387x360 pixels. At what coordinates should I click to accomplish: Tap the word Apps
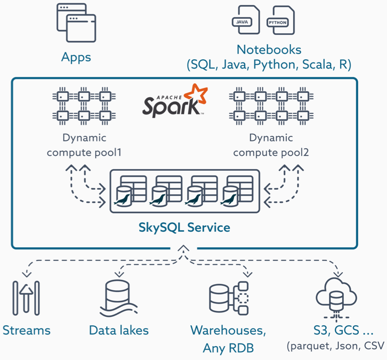pos(76,57)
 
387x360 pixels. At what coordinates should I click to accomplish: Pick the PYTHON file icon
pos(280,21)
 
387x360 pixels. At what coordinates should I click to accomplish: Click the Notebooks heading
pos(269,50)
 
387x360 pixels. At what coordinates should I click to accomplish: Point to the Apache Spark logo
pos(174,101)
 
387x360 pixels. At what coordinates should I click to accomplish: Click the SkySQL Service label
pos(184,227)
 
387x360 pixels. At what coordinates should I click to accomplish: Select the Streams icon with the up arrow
pos(26,299)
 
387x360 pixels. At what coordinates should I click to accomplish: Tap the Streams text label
pos(27,331)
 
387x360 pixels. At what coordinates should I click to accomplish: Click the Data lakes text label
pos(119,331)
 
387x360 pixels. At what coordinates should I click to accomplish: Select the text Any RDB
pos(227,348)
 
